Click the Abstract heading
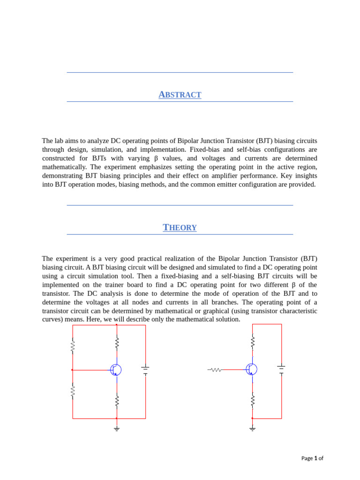180,95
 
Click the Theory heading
180,227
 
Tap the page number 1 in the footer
316,458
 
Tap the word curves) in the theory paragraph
54,319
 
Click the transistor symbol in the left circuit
116,370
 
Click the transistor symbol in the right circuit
252,369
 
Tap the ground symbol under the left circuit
117,428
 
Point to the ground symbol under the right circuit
252,428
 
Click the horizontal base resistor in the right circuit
216,369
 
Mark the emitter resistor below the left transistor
117,401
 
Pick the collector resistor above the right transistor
252,342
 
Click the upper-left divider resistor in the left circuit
73,346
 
